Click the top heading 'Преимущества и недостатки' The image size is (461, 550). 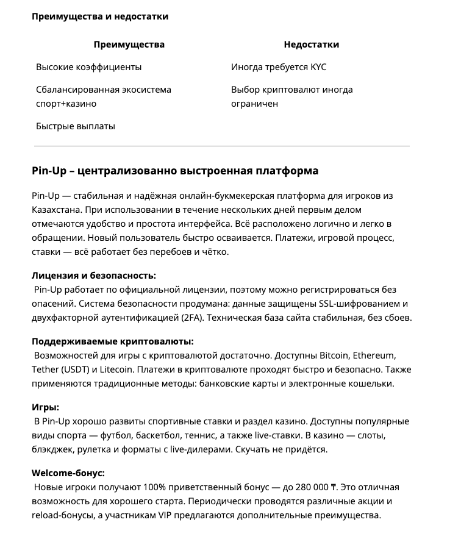100,16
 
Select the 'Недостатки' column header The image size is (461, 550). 311,45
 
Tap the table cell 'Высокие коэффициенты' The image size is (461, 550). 88,67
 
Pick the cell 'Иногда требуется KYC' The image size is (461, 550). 279,67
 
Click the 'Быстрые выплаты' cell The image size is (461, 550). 75,126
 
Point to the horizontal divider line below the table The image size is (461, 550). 222,146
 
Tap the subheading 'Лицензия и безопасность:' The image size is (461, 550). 94,276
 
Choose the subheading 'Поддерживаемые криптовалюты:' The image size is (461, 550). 116,341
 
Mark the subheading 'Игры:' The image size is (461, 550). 45,407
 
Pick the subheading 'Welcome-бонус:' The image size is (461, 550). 68,473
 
